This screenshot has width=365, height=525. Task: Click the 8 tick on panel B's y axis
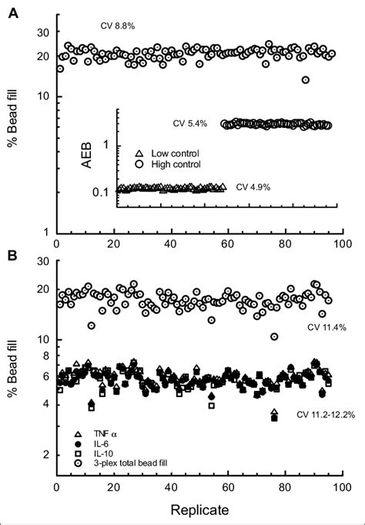[45, 356]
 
